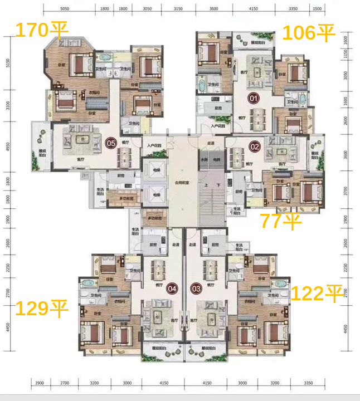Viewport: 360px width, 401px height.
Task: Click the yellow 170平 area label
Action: [41, 30]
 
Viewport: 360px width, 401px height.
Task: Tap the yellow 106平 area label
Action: [308, 33]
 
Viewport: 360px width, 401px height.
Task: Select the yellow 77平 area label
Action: [281, 221]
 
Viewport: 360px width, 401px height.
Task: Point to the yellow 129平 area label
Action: [41, 308]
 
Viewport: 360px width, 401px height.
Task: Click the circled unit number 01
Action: [254, 99]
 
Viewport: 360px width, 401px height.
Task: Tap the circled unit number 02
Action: [255, 147]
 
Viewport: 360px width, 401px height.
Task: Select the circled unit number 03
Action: [196, 288]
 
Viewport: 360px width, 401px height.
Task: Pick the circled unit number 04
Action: [172, 288]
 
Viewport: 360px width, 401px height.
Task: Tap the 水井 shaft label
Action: [205, 159]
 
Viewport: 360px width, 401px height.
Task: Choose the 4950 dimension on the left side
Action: [8, 147]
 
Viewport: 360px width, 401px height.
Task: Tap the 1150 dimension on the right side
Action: [346, 54]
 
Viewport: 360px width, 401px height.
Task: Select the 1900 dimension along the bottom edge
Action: [39, 384]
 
